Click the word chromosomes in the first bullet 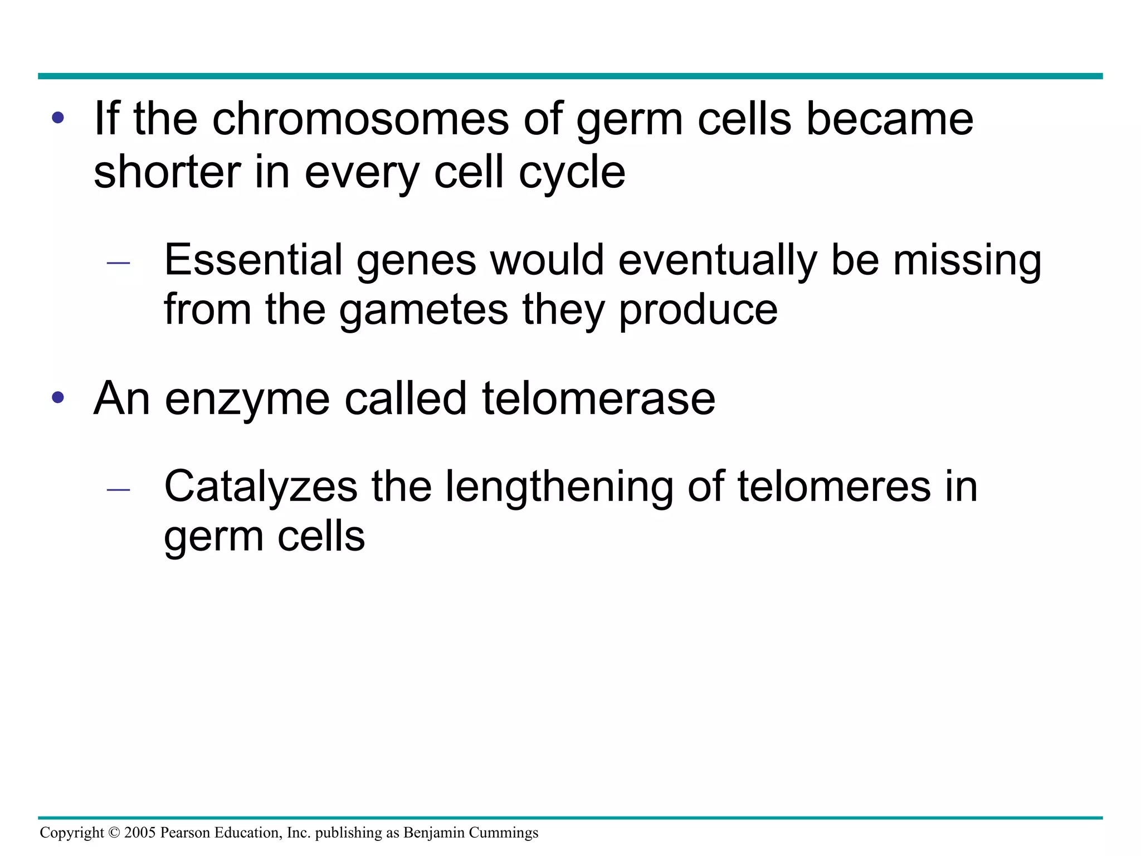pos(360,119)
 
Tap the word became pos(890,119)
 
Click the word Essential pos(253,260)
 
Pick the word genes pos(416,261)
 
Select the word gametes pos(423,310)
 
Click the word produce pos(698,311)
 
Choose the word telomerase pos(598,398)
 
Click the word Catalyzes pos(261,487)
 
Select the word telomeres pos(834,487)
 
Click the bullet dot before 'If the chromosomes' pos(58,119)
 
